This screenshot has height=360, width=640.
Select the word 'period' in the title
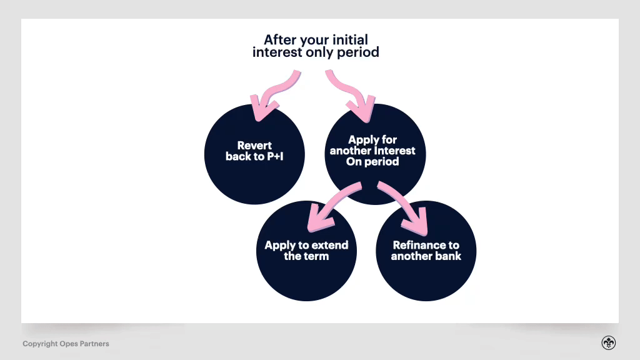point(358,52)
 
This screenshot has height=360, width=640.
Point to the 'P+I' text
point(275,157)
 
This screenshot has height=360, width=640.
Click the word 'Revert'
point(254,146)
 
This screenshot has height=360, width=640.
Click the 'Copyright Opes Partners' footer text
point(66,344)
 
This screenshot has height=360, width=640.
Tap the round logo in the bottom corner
point(608,342)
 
